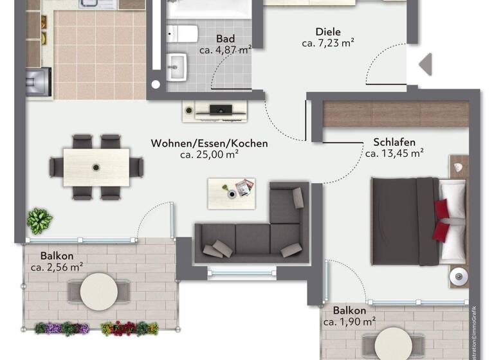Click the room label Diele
(328, 32)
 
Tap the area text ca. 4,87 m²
(224, 50)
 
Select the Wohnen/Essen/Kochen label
(209, 143)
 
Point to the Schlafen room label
(394, 142)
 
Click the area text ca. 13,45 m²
(394, 154)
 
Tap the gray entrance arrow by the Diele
(425, 64)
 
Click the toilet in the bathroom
(184, 33)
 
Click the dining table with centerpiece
(96, 167)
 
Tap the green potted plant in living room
(40, 221)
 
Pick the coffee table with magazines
(231, 190)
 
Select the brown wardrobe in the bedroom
(395, 113)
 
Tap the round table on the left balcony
(99, 291)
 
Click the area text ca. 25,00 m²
(209, 155)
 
